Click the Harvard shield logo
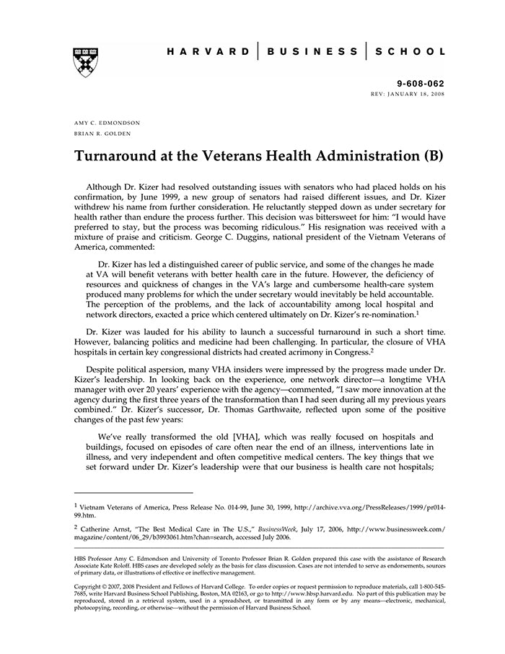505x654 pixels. click(85, 62)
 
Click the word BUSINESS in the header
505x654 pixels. click(312, 52)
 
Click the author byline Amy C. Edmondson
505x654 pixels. click(107, 123)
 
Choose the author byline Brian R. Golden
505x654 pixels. click(100, 134)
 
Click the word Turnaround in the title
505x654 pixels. click(120, 156)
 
